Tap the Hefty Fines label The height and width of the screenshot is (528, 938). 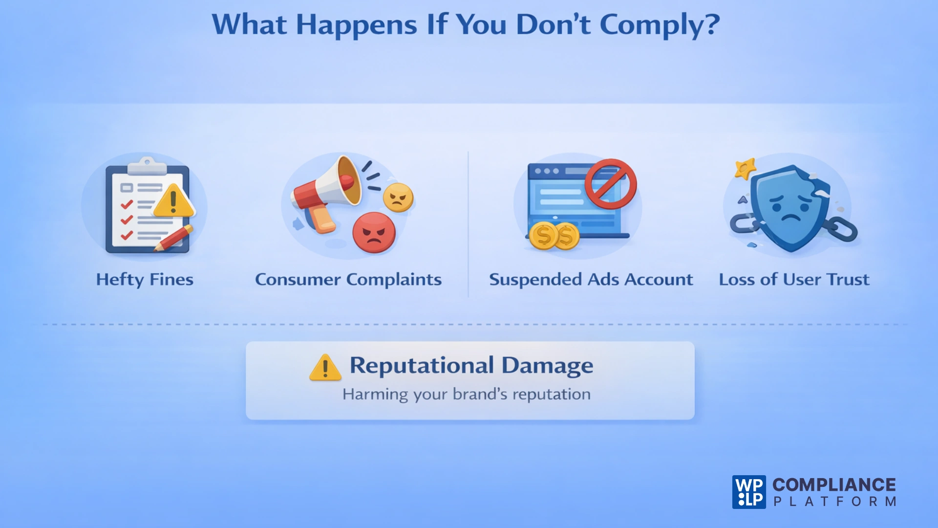pos(145,280)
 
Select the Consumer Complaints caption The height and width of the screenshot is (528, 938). pos(348,280)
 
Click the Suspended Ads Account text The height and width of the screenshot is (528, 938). pos(591,280)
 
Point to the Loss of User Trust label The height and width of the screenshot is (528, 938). pos(794,280)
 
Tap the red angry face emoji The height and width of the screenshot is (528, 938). pos(374,233)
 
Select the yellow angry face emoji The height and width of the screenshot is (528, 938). pos(398,198)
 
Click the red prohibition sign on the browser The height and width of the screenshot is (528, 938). pos(611,184)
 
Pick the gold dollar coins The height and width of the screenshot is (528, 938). pos(554,236)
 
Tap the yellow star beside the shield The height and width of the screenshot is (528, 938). pos(745,169)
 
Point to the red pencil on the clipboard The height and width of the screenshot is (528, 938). pos(174,238)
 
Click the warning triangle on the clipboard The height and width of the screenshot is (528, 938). pos(173,201)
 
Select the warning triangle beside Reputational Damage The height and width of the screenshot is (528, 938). pos(325,368)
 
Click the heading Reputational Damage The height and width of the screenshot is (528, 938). pos(471,366)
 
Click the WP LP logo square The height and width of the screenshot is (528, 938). pos(749,492)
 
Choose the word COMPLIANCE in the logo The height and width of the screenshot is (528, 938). pos(834,484)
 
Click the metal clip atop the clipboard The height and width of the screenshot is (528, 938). pos(147,166)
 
